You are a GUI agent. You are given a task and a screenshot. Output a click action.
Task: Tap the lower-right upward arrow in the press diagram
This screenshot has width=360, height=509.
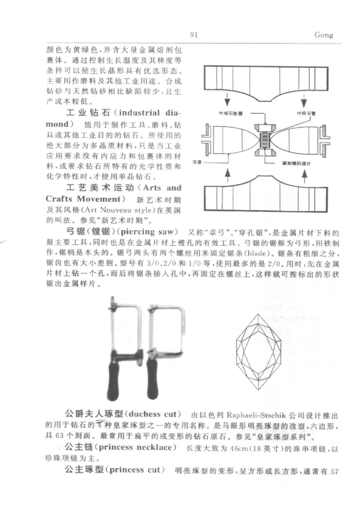click(302, 173)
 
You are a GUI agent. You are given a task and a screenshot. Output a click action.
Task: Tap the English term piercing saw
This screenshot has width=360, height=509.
click(155, 232)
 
